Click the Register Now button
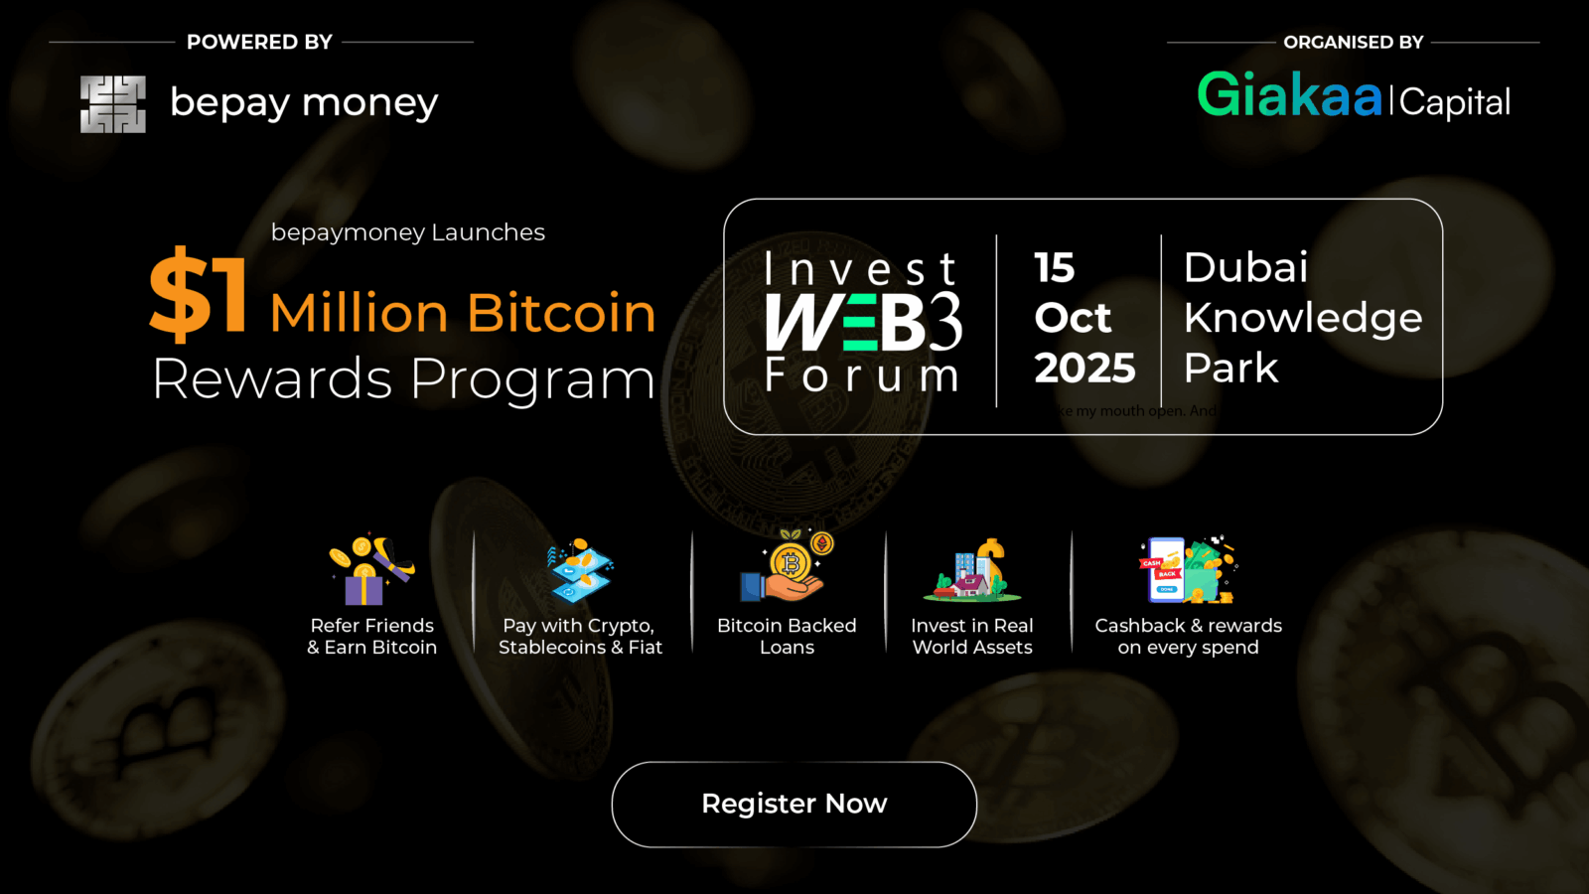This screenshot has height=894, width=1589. pyautogui.click(x=794, y=804)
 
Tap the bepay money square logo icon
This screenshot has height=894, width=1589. pyautogui.click(x=113, y=104)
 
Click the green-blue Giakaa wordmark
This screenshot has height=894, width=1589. pyautogui.click(x=1289, y=96)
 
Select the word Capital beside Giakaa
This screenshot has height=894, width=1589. pyautogui.click(x=1455, y=102)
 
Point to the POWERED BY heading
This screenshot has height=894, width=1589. pyautogui.click(x=259, y=42)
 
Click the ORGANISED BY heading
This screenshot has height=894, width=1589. pyautogui.click(x=1353, y=42)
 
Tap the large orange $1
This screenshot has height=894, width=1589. pyautogui.click(x=199, y=293)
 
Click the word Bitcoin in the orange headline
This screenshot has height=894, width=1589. pyautogui.click(x=561, y=313)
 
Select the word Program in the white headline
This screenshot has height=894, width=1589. pyautogui.click(x=532, y=379)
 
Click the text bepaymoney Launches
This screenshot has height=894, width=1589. pyautogui.click(x=407, y=232)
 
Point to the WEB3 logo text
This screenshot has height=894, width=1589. pyautogui.click(x=862, y=322)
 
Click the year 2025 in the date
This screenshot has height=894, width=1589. pyautogui.click(x=1084, y=369)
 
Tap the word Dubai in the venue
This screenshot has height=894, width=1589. pyautogui.click(x=1245, y=267)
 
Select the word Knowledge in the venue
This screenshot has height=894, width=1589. pyautogui.click(x=1302, y=318)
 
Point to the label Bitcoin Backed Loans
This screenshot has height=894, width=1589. pyautogui.click(x=787, y=636)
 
